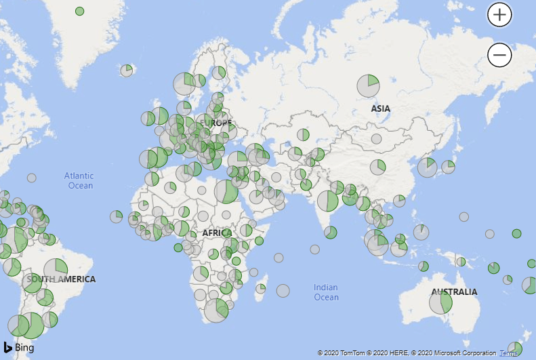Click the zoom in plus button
(x=499, y=14)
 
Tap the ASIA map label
(x=381, y=108)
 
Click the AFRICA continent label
(x=217, y=233)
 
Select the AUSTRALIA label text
(x=454, y=292)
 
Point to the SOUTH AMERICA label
(x=62, y=279)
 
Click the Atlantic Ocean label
(x=79, y=181)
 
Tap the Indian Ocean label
(x=326, y=292)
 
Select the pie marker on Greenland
(x=80, y=11)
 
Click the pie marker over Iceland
(x=127, y=70)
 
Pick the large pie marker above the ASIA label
(x=368, y=85)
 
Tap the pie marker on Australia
(x=440, y=302)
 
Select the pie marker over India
(x=328, y=201)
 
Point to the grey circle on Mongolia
(x=377, y=139)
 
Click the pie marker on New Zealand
(x=515, y=348)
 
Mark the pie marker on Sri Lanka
(x=331, y=233)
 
